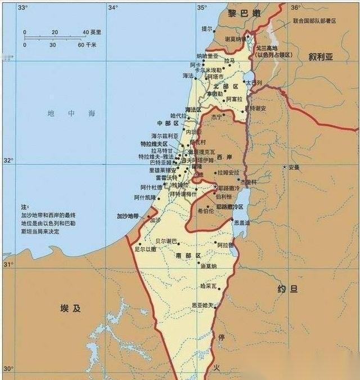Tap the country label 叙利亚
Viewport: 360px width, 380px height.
(x=321, y=57)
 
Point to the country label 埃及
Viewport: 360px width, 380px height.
(x=71, y=308)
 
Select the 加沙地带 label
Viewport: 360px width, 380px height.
(x=127, y=216)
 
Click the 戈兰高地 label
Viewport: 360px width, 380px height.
(x=268, y=49)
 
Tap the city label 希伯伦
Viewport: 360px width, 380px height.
(x=205, y=211)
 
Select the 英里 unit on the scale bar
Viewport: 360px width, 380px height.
(x=96, y=32)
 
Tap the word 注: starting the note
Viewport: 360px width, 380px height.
(x=24, y=207)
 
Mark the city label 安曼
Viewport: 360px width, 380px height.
(x=294, y=167)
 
